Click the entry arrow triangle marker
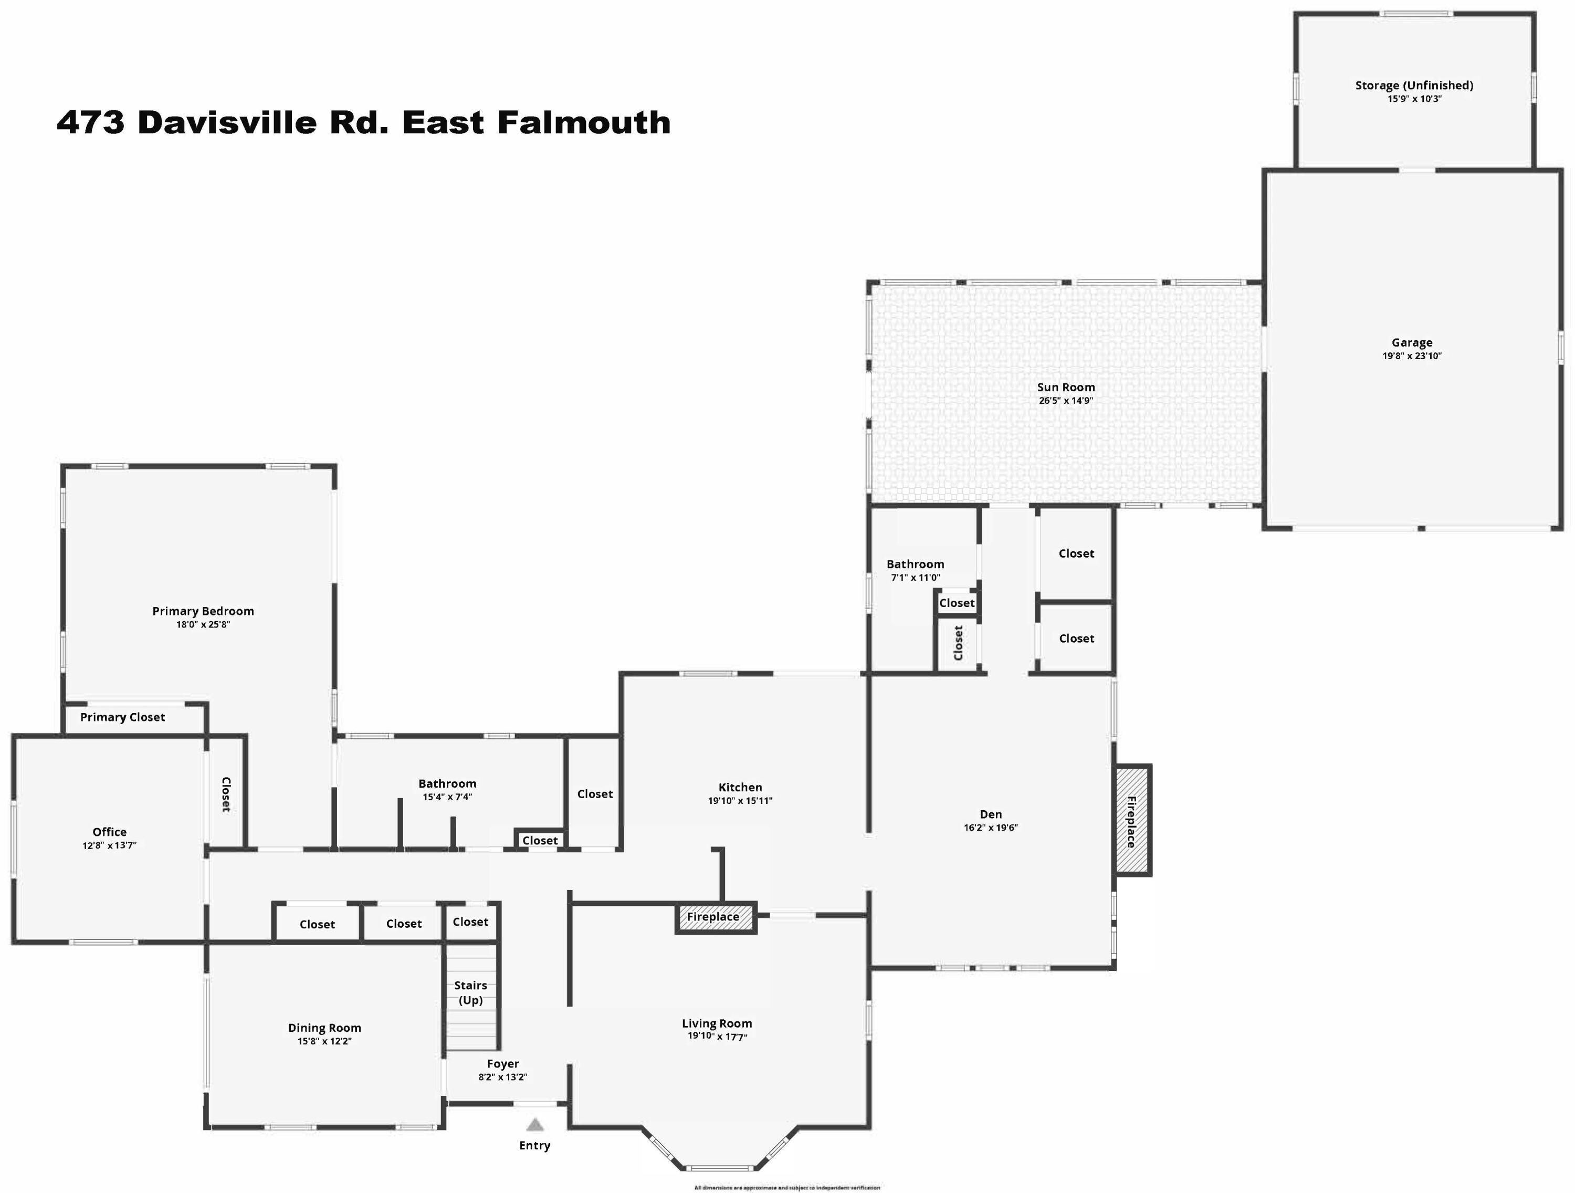pyautogui.click(x=535, y=1125)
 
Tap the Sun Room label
pyautogui.click(x=1065, y=388)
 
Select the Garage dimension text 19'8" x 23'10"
pyautogui.click(x=1411, y=356)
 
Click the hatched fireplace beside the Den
pyautogui.click(x=1131, y=821)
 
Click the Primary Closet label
pyautogui.click(x=122, y=717)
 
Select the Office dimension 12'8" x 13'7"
pyautogui.click(x=109, y=845)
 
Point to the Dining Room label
pyautogui.click(x=324, y=1028)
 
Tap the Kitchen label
pyautogui.click(x=740, y=787)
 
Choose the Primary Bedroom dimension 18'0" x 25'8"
pyautogui.click(x=203, y=625)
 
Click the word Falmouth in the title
pyautogui.click(x=584, y=122)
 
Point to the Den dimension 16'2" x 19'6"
pyautogui.click(x=991, y=828)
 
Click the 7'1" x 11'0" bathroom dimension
pyautogui.click(x=915, y=578)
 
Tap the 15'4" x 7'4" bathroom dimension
pyautogui.click(x=447, y=797)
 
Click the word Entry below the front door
pyautogui.click(x=535, y=1145)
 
